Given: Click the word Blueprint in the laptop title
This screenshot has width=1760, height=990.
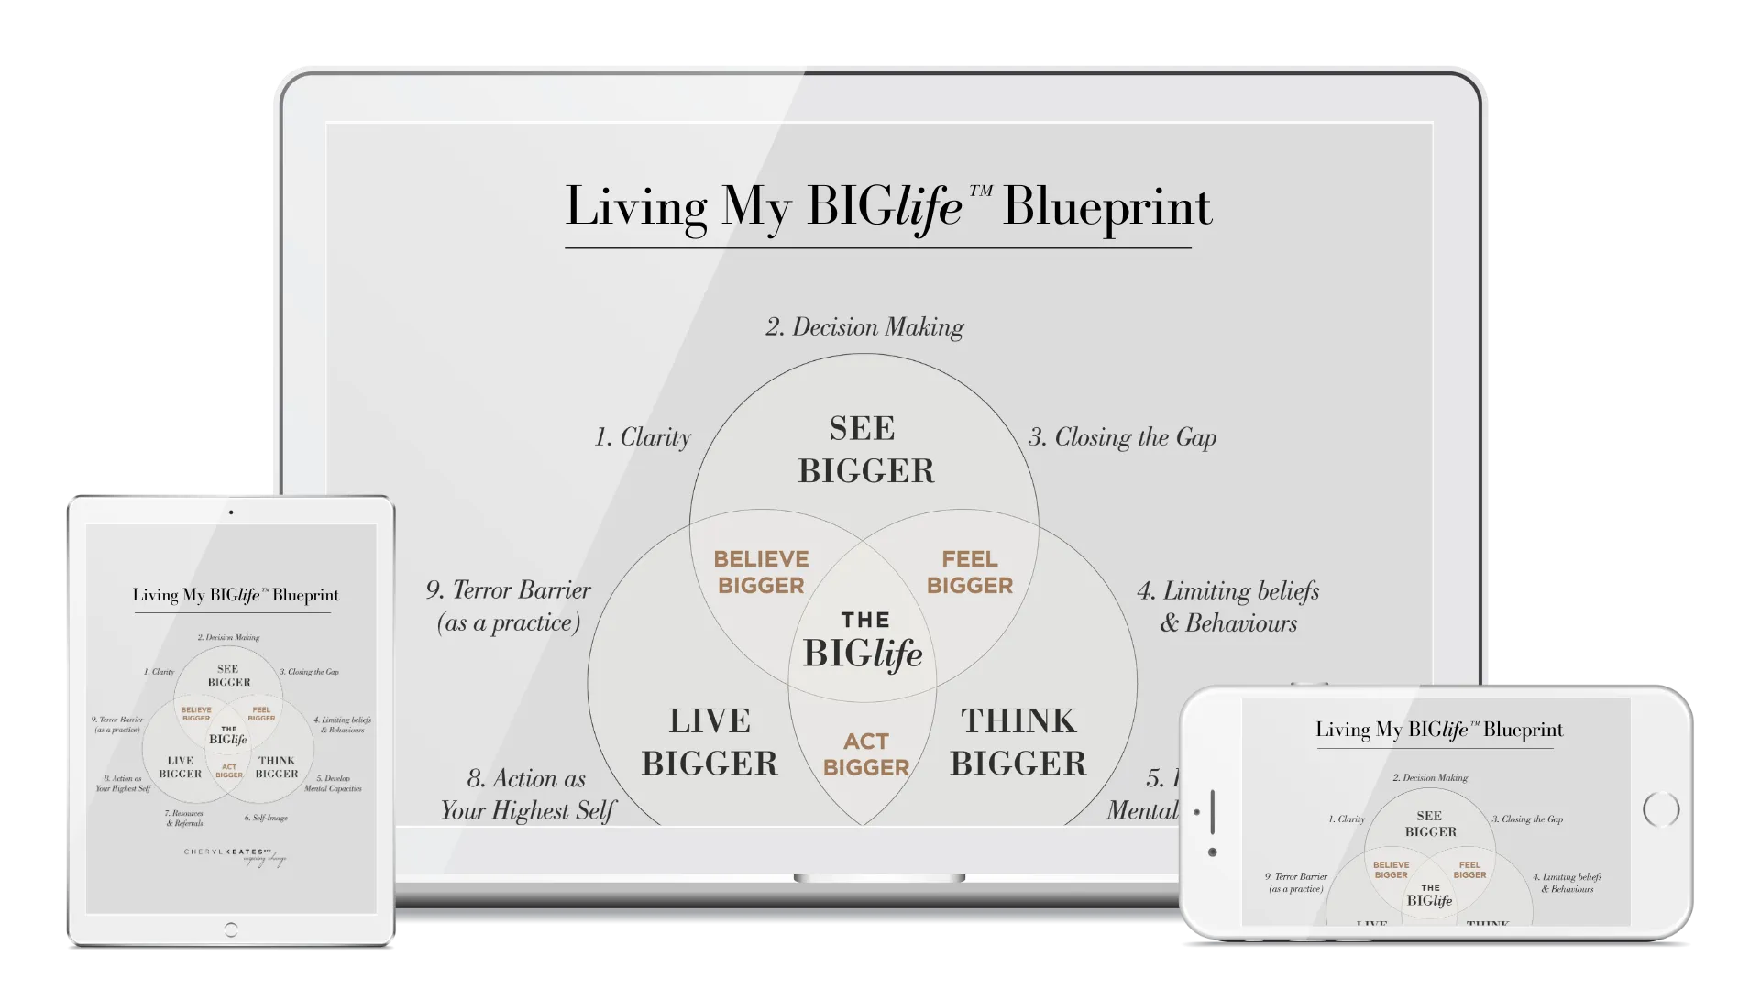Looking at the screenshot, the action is click(x=1106, y=207).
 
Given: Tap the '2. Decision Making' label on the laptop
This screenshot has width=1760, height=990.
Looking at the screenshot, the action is click(x=864, y=327).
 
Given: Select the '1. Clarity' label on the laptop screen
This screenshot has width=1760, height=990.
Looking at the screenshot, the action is click(x=643, y=437).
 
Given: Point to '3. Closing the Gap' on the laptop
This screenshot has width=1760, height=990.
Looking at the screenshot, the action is click(x=1122, y=437).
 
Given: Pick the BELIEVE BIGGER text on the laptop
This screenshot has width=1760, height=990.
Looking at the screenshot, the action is click(x=761, y=572).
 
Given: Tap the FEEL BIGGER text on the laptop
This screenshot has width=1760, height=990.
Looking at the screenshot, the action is click(x=969, y=572).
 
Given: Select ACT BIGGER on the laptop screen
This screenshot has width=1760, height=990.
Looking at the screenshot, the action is click(x=865, y=754).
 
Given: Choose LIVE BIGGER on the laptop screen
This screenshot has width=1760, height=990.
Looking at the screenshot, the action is click(x=709, y=742).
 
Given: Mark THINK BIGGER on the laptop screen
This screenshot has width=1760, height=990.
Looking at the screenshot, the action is click(x=1017, y=742).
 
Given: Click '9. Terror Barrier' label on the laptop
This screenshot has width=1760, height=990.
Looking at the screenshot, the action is click(x=509, y=606).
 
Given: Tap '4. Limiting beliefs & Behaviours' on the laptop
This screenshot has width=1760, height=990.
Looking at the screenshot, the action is click(x=1227, y=607).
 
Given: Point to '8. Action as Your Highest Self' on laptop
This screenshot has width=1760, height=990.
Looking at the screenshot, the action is click(x=527, y=794).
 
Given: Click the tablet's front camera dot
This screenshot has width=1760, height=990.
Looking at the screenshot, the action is click(x=231, y=512).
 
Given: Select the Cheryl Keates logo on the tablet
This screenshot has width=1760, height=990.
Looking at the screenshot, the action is click(x=235, y=856).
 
